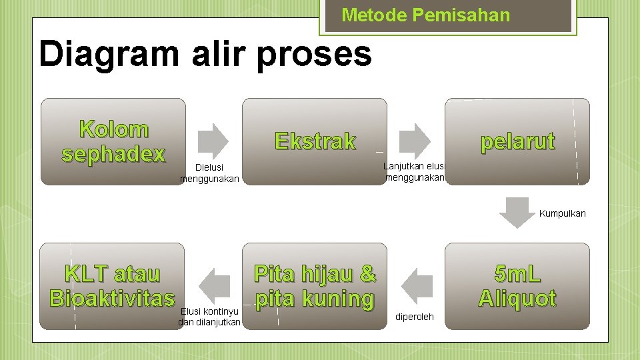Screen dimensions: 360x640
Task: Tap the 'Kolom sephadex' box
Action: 113,141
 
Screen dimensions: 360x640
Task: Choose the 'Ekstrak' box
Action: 315,141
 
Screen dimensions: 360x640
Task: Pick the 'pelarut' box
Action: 517,141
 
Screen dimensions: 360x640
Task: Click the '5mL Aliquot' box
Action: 517,286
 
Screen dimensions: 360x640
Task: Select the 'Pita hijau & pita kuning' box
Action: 315,286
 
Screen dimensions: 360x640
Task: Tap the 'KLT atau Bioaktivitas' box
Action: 112,286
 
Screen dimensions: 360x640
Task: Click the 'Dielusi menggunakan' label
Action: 209,173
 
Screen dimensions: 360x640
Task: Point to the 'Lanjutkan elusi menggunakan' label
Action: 414,172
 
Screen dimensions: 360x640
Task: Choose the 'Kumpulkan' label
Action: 562,213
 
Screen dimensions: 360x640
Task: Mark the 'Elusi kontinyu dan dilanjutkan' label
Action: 209,317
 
